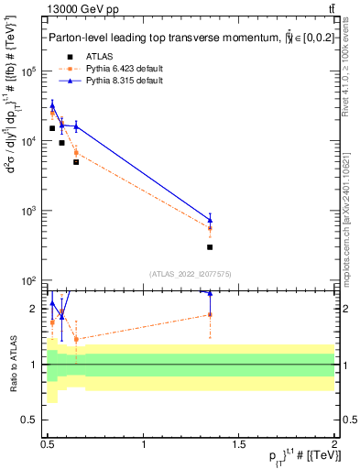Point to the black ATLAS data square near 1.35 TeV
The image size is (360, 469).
point(210,247)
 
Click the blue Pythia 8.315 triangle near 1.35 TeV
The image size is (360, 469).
point(210,220)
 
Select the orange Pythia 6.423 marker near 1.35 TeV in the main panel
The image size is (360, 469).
point(210,228)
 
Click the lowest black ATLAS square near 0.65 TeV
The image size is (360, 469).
point(76,162)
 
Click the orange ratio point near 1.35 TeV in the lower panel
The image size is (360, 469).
point(210,314)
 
